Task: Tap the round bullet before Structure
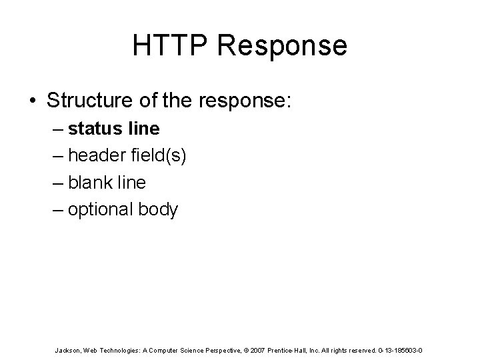pos(33,101)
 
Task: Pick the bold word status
pos(93,128)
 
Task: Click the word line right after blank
pos(132,183)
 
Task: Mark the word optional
pos(100,210)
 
